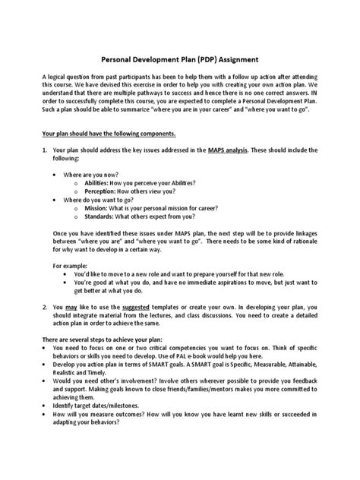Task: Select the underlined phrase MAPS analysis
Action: (x=232, y=152)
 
